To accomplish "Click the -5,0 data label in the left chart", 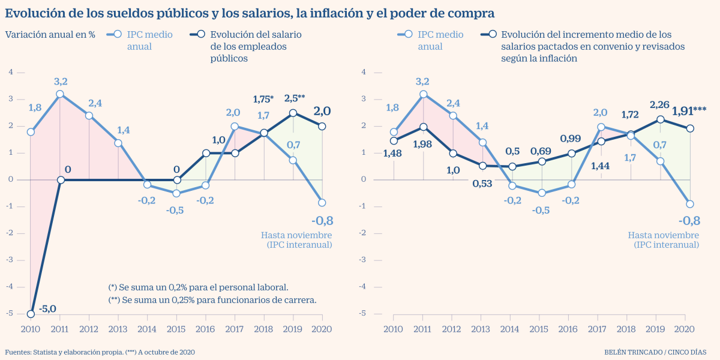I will pos(47,309).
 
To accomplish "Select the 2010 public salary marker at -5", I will pos(31,314).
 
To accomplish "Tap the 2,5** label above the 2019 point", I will pos(295,98).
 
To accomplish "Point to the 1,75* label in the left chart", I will pos(264,99).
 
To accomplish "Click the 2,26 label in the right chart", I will pos(660,105).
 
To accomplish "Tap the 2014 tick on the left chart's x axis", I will pos(147,329).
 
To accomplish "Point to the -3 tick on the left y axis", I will pos(10,260).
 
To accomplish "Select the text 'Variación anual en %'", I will pos(50,34).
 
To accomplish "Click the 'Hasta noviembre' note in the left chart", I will pos(296,235).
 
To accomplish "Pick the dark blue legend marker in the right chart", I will pos(492,35).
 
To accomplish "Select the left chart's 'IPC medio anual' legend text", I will pos(149,40).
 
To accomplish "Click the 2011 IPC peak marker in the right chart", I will pos(423,94).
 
